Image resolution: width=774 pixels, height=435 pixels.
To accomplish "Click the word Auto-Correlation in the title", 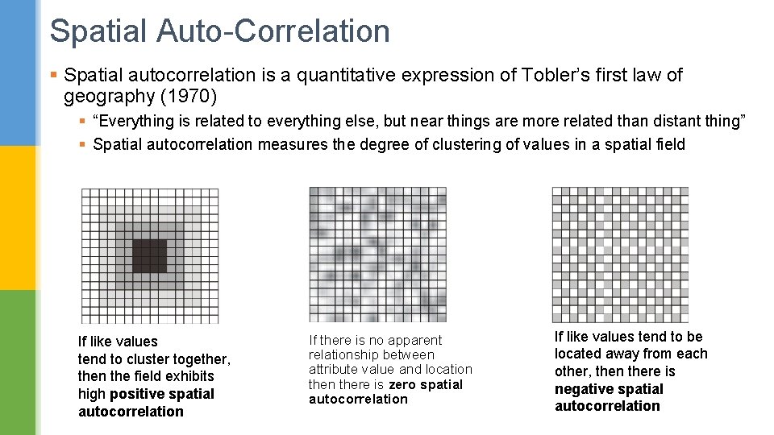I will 273,31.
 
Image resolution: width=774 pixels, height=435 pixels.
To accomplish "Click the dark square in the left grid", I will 149,255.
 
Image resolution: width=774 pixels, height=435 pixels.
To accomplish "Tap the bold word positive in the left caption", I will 139,394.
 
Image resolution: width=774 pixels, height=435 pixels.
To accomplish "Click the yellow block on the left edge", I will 18,217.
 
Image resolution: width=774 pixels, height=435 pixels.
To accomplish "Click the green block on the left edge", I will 18,362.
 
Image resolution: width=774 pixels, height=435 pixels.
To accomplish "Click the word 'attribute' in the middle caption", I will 333,370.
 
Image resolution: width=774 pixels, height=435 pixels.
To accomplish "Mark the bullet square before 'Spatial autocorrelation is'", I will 53,75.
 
